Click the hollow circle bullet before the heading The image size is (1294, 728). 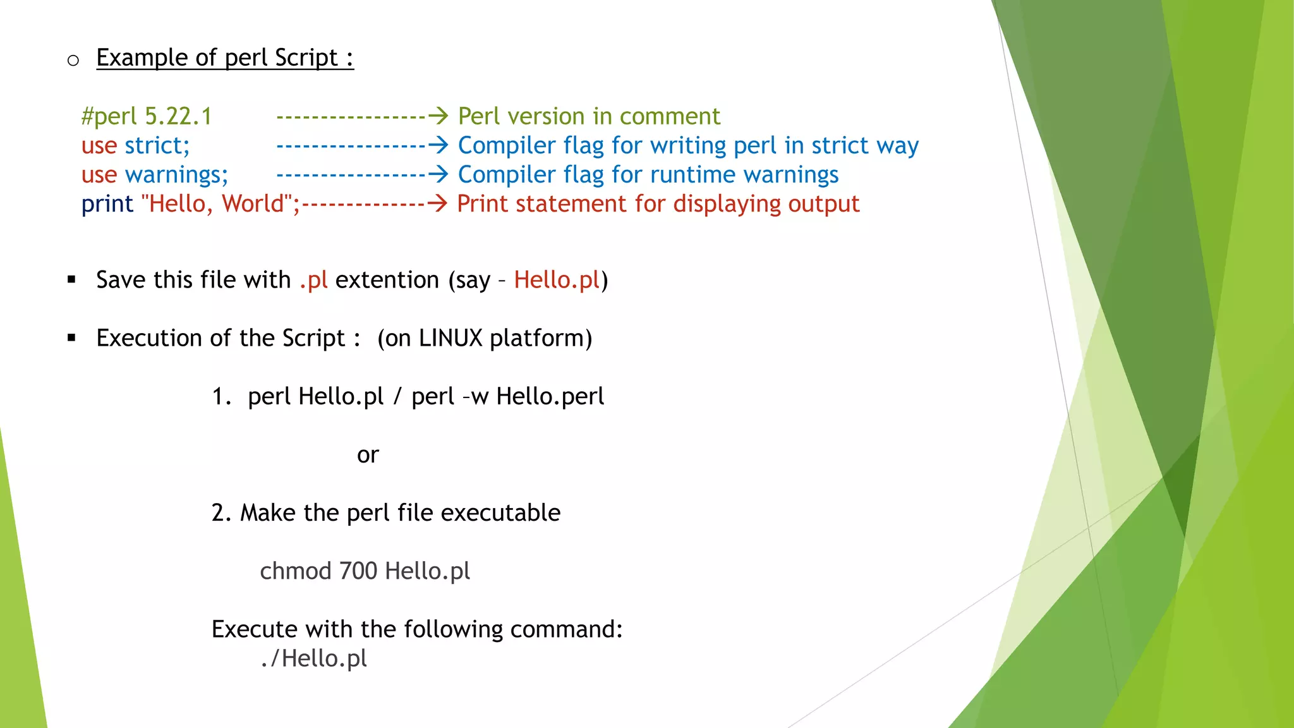[73, 61]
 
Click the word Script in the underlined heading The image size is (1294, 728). [306, 58]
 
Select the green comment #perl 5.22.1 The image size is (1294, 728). [147, 117]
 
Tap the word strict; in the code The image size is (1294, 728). [157, 146]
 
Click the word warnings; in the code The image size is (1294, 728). [176, 175]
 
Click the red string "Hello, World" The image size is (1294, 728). [217, 204]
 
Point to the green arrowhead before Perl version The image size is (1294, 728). [438, 116]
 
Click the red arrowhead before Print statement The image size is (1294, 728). [437, 203]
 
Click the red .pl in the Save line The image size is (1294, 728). [313, 280]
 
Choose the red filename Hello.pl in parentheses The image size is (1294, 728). [556, 280]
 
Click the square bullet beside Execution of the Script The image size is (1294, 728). [71, 338]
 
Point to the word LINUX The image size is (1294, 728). [450, 338]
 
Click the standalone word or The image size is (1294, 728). [367, 455]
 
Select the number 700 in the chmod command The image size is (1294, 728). [358, 571]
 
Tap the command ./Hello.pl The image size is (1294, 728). [313, 658]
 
